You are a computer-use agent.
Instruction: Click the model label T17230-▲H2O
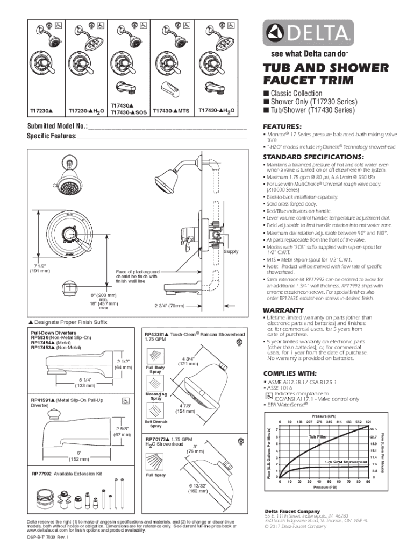coord(86,112)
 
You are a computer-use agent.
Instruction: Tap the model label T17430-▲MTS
coord(171,111)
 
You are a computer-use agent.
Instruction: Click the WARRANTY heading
coord(283,310)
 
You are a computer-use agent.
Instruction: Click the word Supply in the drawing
coord(231,252)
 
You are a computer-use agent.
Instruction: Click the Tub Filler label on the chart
coord(318,437)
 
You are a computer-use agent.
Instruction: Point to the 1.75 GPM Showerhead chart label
coord(345,462)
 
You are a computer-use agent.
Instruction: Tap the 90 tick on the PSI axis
coord(368,482)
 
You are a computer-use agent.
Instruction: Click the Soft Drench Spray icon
coord(155,412)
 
